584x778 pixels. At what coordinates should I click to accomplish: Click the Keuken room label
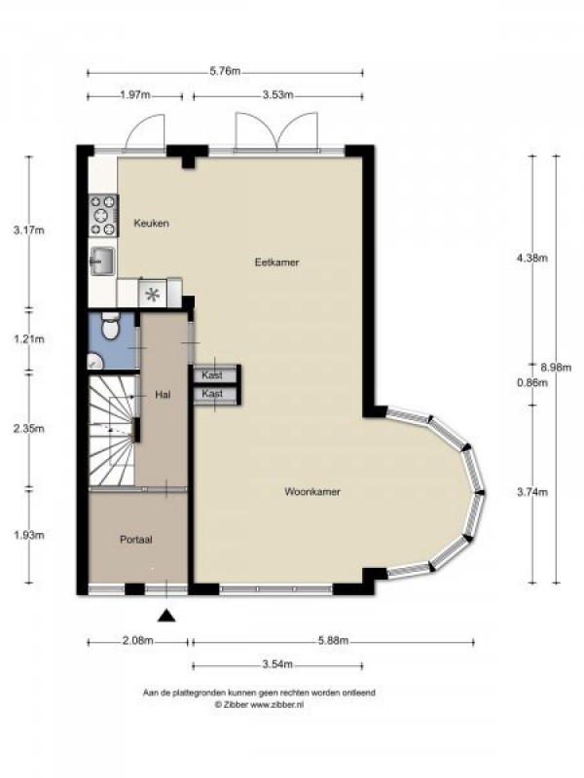[x=152, y=224]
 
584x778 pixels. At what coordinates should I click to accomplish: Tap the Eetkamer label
[x=277, y=262]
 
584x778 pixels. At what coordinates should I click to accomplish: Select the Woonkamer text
[x=312, y=492]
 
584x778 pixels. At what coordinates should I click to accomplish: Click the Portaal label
[x=135, y=540]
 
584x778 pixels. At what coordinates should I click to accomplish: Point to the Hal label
[x=163, y=395]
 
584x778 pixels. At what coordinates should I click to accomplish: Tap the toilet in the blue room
[x=110, y=326]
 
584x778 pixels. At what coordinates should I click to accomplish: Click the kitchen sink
[x=102, y=262]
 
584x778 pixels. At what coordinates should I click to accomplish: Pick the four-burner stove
[x=103, y=215]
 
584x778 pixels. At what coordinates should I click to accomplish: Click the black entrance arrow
[x=166, y=616]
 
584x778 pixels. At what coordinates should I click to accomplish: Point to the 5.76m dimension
[x=225, y=71]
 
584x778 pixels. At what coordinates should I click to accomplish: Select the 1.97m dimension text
[x=135, y=94]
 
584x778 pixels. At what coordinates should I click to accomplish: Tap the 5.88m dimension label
[x=333, y=641]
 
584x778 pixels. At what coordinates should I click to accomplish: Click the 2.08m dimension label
[x=137, y=641]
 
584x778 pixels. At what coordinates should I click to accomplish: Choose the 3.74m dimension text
[x=532, y=492]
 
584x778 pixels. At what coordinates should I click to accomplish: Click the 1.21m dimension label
[x=29, y=339]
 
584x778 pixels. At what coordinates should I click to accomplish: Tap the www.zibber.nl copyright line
[x=259, y=704]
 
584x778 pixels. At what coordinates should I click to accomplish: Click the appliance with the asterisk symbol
[x=153, y=295]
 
